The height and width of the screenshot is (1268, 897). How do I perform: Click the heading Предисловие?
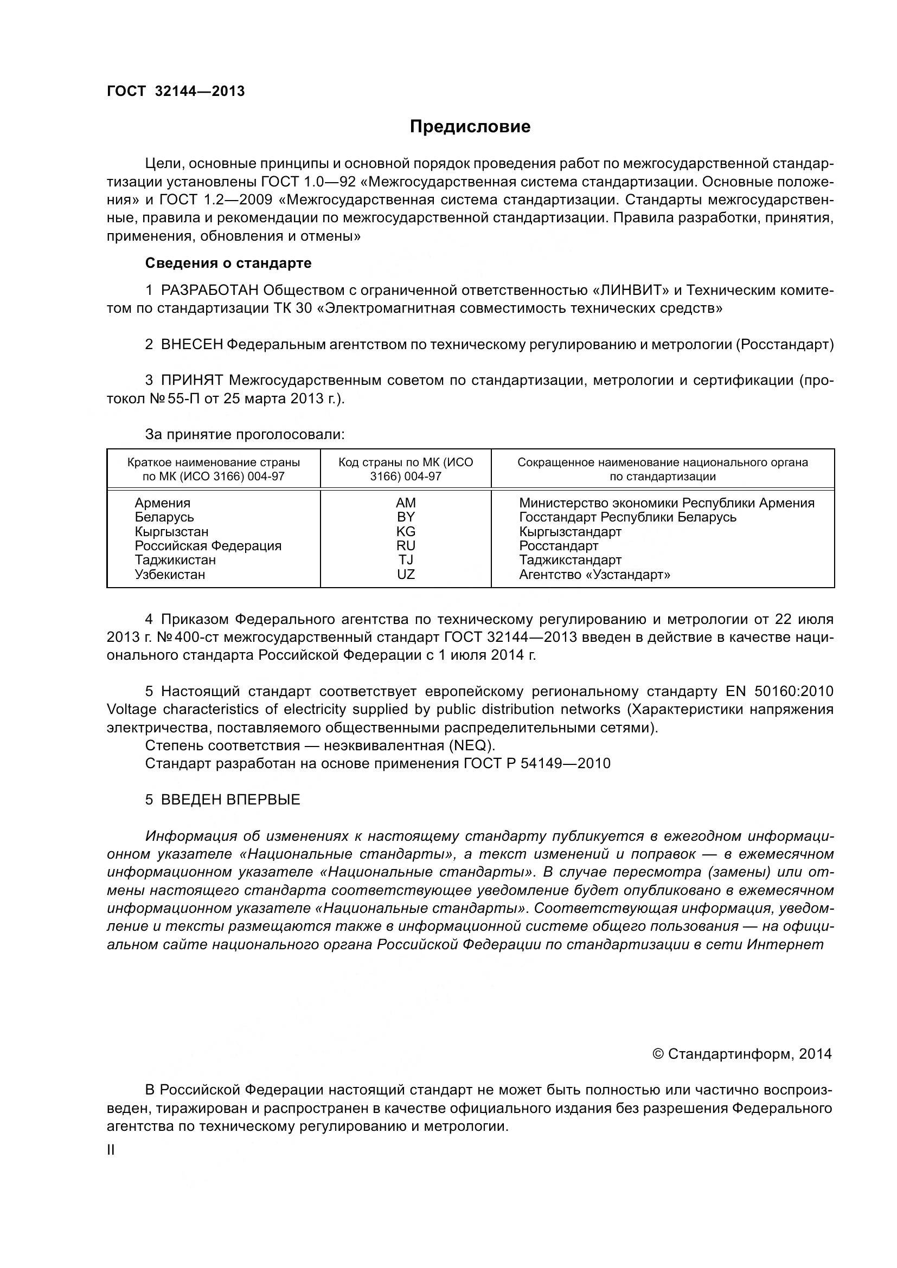470,126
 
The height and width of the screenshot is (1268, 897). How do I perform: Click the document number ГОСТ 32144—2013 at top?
176,91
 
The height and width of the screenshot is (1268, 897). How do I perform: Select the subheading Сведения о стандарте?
228,263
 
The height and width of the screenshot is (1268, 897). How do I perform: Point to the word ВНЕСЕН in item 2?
191,345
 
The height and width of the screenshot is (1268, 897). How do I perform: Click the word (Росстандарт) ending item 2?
784,345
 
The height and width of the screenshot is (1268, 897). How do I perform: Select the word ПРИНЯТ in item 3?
191,381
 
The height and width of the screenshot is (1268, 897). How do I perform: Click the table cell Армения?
162,503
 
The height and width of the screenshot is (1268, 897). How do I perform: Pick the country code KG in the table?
406,532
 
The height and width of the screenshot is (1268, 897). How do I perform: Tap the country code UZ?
406,574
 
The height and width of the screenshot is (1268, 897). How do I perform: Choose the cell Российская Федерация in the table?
208,546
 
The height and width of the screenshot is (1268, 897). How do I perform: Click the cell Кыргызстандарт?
570,532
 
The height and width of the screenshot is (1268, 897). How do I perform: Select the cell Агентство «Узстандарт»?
594,574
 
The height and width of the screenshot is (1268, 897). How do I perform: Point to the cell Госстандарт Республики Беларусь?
627,518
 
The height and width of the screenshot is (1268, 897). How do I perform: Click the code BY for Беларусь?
406,518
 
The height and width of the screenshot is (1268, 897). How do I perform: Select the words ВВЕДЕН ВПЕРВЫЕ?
230,800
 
